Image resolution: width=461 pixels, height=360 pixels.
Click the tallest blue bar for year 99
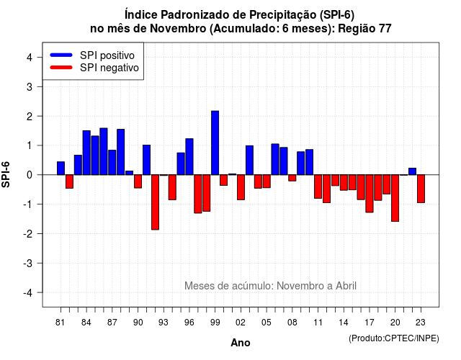[x=215, y=143]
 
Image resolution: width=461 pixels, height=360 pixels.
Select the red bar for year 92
[x=155, y=202]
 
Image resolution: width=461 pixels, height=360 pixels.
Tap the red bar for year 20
[x=395, y=198]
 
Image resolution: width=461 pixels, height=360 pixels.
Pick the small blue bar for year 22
[x=412, y=171]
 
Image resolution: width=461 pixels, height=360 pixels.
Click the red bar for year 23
[x=421, y=189]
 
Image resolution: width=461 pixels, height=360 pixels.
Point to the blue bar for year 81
[x=61, y=168]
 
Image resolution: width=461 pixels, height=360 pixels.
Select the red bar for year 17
[x=370, y=194]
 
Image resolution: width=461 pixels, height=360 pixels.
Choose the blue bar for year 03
[x=249, y=160]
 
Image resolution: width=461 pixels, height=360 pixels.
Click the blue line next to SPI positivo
[x=61, y=55]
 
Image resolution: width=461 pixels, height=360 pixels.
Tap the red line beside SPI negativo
[x=61, y=67]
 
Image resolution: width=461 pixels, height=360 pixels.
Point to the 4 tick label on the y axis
[x=30, y=57]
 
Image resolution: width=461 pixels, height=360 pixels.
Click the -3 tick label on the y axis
[x=27, y=263]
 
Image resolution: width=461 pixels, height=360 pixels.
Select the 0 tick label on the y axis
[x=30, y=175]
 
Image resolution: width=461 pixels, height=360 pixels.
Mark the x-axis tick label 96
[x=189, y=323]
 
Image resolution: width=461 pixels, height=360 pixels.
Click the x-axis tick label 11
[x=318, y=323]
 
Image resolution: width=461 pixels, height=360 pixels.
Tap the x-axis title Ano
[x=241, y=343]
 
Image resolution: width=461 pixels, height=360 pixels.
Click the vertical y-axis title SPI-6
[x=6, y=174]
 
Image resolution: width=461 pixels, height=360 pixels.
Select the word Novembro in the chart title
[x=178, y=29]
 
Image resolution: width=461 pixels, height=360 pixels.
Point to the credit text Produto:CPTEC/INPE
[x=394, y=338]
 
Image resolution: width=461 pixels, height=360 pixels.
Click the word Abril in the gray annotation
[x=346, y=286]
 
